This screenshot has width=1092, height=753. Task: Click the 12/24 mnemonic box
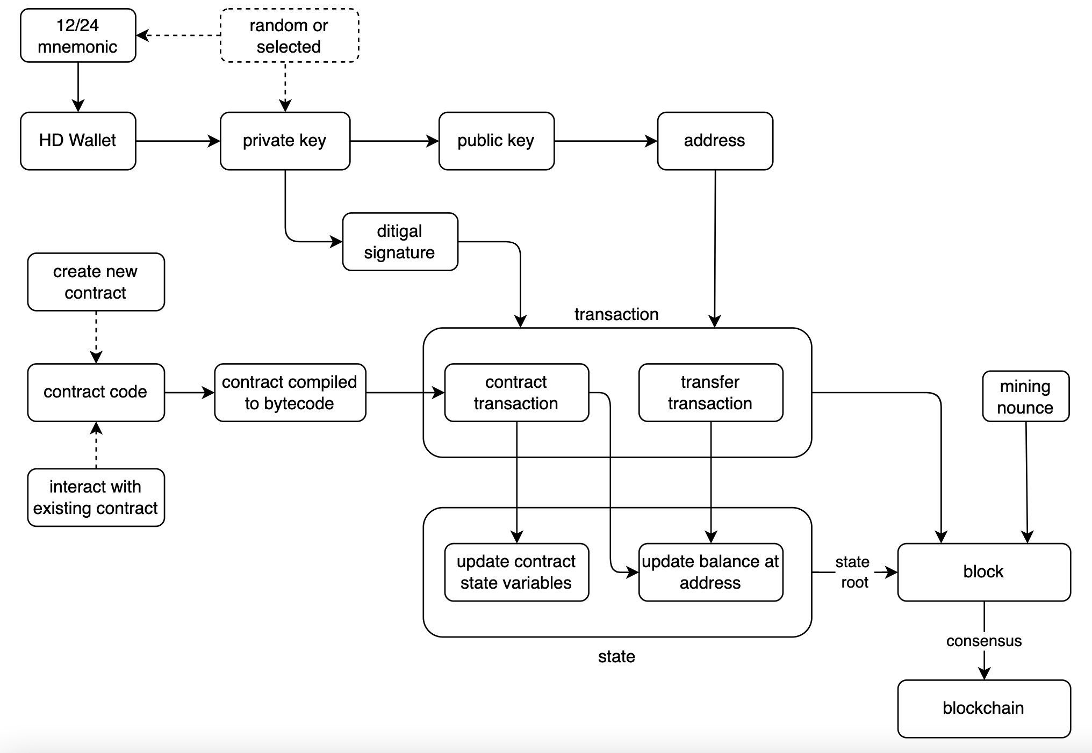[x=78, y=35]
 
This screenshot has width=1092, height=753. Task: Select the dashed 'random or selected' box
[x=289, y=35]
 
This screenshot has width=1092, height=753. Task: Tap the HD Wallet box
[x=78, y=141]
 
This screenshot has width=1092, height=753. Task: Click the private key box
[x=285, y=141]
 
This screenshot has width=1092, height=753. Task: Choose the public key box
[x=496, y=141]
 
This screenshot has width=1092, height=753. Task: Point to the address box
[x=715, y=141]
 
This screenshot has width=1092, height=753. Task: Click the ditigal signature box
[x=400, y=242]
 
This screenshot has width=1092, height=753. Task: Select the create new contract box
[x=96, y=282]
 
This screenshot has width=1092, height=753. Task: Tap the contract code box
[x=96, y=392]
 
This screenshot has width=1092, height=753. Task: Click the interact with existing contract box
[x=96, y=497]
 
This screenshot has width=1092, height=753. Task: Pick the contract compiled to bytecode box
[x=290, y=393]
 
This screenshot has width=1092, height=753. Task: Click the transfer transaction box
[x=710, y=393]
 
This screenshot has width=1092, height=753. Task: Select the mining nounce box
[x=1025, y=396]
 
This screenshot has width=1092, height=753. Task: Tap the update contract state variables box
[x=516, y=572]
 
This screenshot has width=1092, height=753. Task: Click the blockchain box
[x=983, y=708]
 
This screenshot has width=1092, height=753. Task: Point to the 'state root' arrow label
[x=853, y=572]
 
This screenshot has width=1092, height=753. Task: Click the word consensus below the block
[x=983, y=641]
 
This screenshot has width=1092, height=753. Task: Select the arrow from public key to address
[x=606, y=141]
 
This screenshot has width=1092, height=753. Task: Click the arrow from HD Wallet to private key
[x=177, y=141]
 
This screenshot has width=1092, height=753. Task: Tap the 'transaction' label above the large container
[x=616, y=314]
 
